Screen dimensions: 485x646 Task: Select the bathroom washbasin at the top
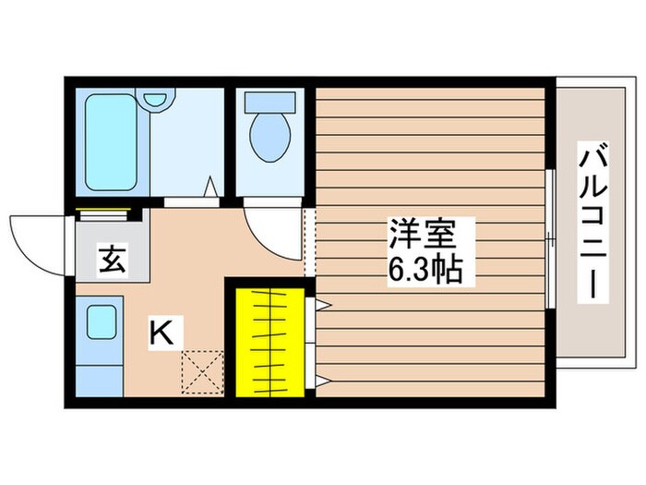pos(157,96)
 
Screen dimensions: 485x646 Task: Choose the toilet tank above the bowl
pos(269,103)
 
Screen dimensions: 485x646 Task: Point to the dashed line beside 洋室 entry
pos(310,242)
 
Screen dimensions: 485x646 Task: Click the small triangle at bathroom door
pos(211,188)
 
